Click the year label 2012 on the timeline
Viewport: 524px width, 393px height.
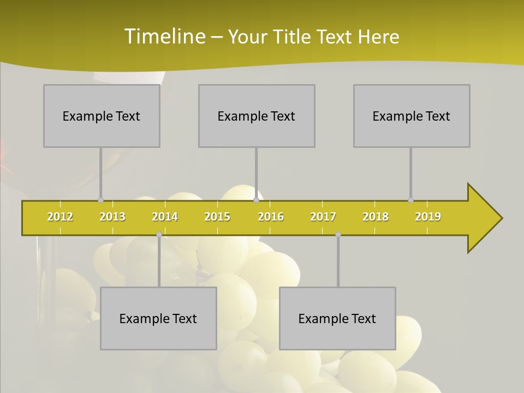pyautogui.click(x=60, y=217)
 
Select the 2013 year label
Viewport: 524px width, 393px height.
pyautogui.click(x=112, y=217)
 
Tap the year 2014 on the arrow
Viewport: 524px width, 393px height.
pyautogui.click(x=165, y=217)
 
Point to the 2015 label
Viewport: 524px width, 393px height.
pyautogui.click(x=217, y=217)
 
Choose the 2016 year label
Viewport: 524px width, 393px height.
pyautogui.click(x=271, y=217)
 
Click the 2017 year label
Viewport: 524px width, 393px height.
pyautogui.click(x=323, y=217)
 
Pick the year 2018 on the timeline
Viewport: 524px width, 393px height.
pyautogui.click(x=376, y=217)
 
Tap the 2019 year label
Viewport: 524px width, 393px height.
pyautogui.click(x=428, y=217)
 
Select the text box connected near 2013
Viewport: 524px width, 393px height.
pyautogui.click(x=102, y=116)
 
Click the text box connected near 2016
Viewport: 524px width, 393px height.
pyautogui.click(x=257, y=116)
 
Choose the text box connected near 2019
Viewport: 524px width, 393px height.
pyautogui.click(x=412, y=116)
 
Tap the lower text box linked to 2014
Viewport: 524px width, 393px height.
pyautogui.click(x=158, y=318)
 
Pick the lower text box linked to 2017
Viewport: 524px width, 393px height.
pyautogui.click(x=337, y=318)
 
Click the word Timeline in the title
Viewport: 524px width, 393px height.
pyautogui.click(x=164, y=36)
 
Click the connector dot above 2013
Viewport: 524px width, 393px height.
pyautogui.click(x=100, y=200)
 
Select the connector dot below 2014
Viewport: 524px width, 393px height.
pyautogui.click(x=159, y=235)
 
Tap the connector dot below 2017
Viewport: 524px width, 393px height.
pyautogui.click(x=338, y=235)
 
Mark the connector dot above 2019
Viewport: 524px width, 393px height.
pyautogui.click(x=410, y=200)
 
